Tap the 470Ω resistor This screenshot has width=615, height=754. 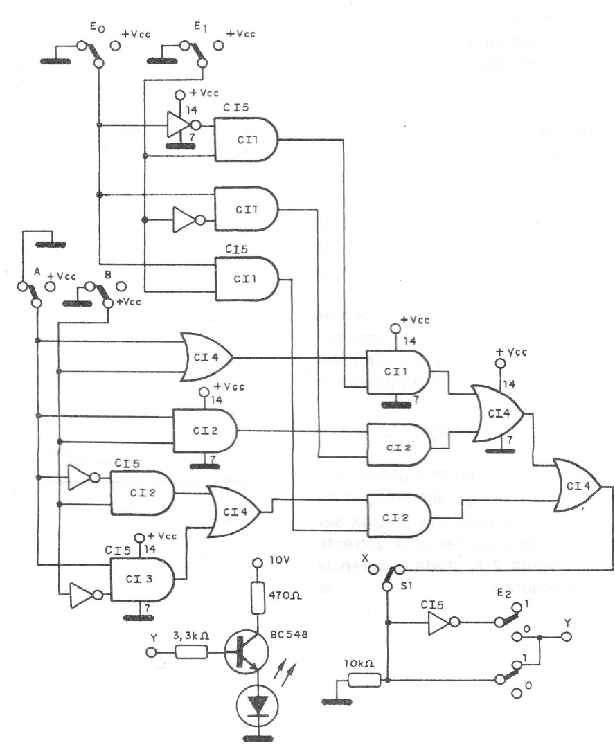(258, 599)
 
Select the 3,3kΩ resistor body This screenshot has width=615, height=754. (189, 652)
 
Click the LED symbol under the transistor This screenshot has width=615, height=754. (258, 706)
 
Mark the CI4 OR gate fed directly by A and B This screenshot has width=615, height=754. (206, 357)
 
